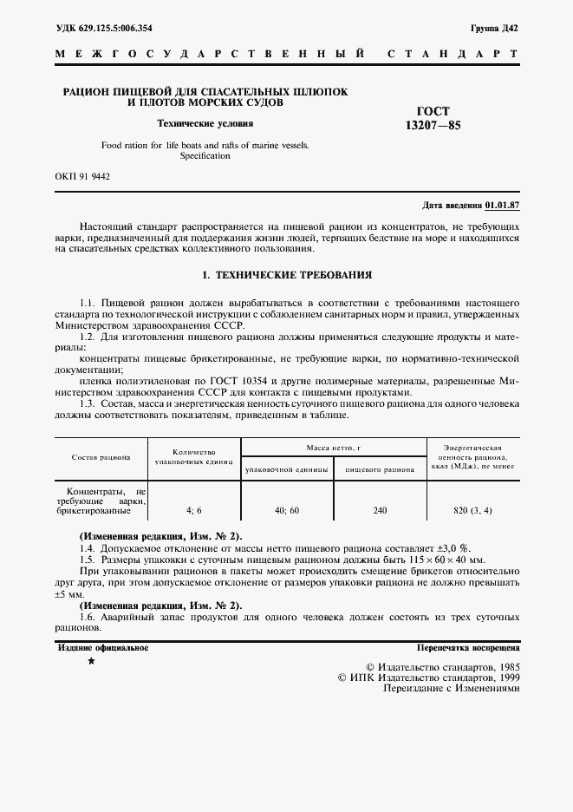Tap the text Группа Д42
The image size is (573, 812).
495,28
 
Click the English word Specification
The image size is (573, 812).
205,156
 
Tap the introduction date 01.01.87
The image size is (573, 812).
502,206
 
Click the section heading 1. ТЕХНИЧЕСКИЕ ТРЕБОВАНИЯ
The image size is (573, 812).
286,274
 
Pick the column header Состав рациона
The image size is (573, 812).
101,457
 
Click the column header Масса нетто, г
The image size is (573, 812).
333,447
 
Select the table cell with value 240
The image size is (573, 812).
380,511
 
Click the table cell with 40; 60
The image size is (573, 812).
286,511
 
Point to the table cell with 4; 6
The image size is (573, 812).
193,511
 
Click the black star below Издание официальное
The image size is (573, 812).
91,662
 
